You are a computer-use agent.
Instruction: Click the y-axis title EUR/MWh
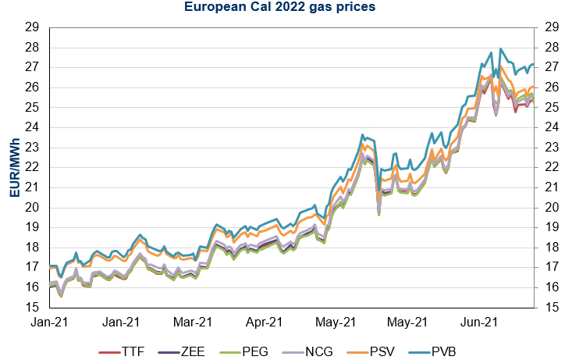[x=15, y=166]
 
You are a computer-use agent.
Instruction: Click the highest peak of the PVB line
[x=499, y=48]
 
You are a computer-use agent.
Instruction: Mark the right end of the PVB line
[x=533, y=64]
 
